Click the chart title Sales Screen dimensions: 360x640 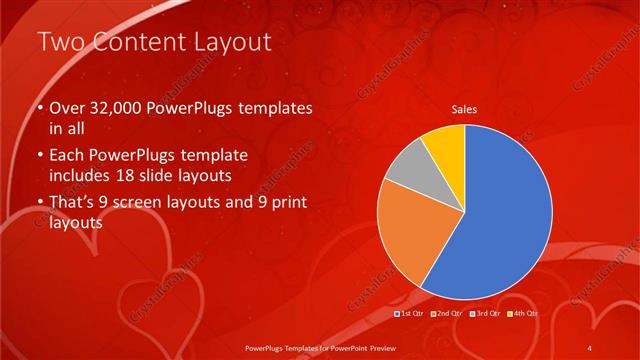point(463,107)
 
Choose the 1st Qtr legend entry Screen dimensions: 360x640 point(412,314)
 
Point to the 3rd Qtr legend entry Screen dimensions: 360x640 point(486,314)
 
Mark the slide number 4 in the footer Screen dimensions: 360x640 point(590,346)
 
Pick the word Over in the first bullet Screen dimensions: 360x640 point(67,108)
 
